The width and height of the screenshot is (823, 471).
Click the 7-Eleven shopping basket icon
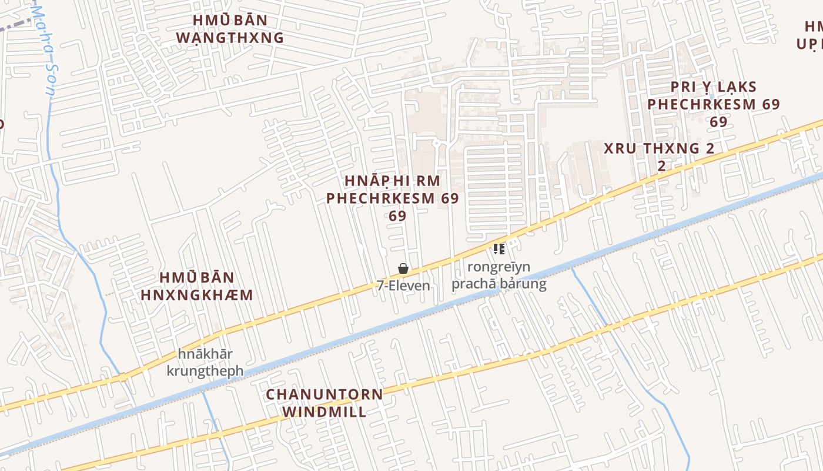click(x=403, y=269)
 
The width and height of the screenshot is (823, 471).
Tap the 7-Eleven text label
click(x=403, y=286)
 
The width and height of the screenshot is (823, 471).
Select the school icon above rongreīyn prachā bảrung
click(x=499, y=249)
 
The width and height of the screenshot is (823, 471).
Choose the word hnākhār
click(x=205, y=354)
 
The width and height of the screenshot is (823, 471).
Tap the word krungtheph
click(x=205, y=372)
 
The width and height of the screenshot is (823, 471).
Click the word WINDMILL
click(x=324, y=412)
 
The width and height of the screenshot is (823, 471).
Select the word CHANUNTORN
click(x=324, y=394)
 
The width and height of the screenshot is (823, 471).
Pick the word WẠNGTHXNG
click(x=230, y=38)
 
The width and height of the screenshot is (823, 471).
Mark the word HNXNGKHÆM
click(x=197, y=294)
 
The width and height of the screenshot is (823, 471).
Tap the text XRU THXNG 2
click(x=659, y=148)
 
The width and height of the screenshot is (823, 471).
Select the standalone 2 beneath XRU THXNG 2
click(x=661, y=166)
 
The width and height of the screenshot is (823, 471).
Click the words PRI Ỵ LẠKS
click(x=714, y=87)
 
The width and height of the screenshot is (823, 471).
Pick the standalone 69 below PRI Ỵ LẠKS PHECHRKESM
click(x=718, y=122)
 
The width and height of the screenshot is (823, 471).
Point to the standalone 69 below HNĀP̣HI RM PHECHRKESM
click(x=397, y=216)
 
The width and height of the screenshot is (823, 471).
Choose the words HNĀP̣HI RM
click(x=392, y=181)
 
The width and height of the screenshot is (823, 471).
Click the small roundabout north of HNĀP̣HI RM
click(x=436, y=143)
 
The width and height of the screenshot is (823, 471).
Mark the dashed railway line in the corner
click(x=15, y=24)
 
